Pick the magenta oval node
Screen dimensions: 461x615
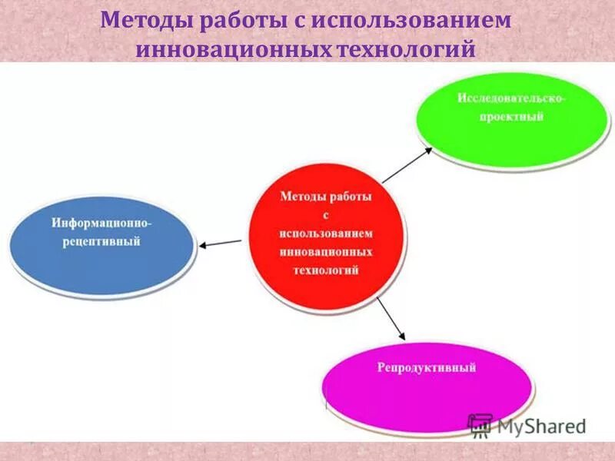pyautogui.click(x=427, y=384)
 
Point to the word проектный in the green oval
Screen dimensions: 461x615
pyautogui.click(x=511, y=117)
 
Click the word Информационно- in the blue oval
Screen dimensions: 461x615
pyautogui.click(x=101, y=222)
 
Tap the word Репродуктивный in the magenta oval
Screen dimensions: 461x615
pyautogui.click(x=427, y=368)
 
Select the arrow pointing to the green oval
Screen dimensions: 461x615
pyautogui.click(x=407, y=164)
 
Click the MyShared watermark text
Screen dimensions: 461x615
pyautogui.click(x=541, y=425)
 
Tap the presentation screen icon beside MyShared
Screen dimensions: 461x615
pyautogui.click(x=480, y=424)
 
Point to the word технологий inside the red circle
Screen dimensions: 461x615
pyautogui.click(x=326, y=270)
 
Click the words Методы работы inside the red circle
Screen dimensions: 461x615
pyautogui.click(x=326, y=197)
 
